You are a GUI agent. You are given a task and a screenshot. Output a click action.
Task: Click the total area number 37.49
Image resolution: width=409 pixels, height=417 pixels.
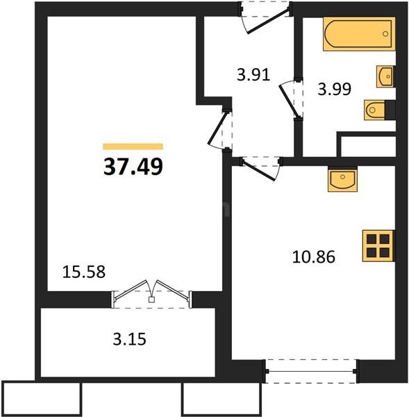[133, 167]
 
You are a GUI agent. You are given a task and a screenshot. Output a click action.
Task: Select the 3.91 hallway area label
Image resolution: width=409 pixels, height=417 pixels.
[252, 74]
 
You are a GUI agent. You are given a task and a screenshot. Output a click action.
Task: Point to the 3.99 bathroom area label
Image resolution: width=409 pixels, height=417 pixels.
[334, 88]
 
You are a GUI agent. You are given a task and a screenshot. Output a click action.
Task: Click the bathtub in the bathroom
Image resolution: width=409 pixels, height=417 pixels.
[358, 35]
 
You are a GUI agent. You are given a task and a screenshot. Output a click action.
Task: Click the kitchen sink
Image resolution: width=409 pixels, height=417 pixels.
[342, 180]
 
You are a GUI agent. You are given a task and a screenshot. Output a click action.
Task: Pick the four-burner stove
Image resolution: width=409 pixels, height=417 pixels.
[378, 245]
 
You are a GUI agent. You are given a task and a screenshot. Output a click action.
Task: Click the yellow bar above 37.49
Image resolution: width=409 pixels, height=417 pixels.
[133, 147]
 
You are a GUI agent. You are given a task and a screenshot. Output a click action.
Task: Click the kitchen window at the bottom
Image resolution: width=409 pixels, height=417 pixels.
[310, 371]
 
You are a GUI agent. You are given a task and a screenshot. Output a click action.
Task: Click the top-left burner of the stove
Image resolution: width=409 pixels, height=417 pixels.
[371, 238]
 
